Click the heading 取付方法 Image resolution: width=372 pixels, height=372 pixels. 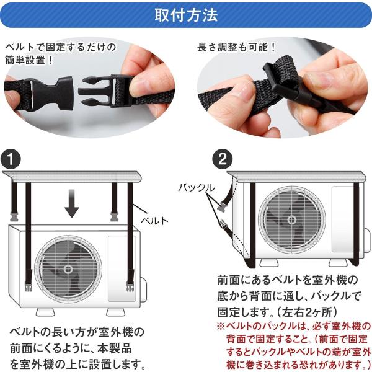click(186, 15)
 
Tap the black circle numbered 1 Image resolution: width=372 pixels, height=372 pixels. click(11, 159)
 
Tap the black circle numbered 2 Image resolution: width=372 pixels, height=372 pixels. click(223, 159)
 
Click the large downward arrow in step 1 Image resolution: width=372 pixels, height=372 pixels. click(72, 204)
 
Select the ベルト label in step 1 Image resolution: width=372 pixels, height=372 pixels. click(154, 221)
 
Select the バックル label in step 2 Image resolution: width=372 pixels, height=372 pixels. click(197, 188)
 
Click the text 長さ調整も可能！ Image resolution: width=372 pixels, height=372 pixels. click(237, 47)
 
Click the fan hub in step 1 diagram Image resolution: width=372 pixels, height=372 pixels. click(68, 269)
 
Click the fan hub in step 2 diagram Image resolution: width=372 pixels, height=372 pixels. click(292, 219)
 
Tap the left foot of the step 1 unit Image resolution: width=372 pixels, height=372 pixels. click(45, 312)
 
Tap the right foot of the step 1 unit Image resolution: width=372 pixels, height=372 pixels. click(115, 312)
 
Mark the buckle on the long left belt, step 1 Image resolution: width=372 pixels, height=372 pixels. click(29, 286)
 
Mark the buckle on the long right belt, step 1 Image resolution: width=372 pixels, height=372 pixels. click(130, 286)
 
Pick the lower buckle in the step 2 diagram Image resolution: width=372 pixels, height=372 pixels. click(223, 224)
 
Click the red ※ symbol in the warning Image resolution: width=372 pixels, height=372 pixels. click(221, 326)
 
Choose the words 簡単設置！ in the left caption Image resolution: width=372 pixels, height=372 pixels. click(29, 60)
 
